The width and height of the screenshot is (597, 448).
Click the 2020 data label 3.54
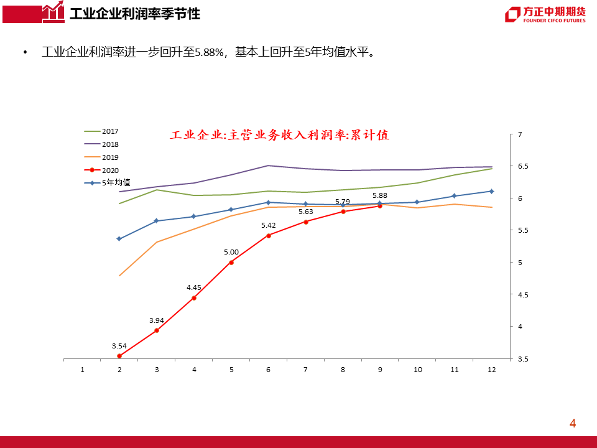[119, 346]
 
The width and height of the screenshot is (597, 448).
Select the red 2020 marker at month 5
[231, 263]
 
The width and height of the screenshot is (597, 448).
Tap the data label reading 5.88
[379, 195]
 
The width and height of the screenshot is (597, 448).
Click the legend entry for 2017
[101, 131]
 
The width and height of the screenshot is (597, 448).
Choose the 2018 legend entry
[101, 144]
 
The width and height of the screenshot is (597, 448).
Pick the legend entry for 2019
[101, 157]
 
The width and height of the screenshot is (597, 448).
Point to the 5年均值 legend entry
[107, 183]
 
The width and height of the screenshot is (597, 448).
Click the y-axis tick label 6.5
[523, 166]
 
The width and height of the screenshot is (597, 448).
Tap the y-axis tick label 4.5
[523, 294]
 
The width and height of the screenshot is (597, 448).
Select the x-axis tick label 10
[418, 370]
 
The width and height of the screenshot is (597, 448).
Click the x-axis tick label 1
[82, 370]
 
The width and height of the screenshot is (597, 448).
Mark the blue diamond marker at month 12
[491, 191]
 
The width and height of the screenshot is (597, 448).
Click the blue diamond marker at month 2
[119, 239]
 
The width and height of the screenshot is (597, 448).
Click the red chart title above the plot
[279, 135]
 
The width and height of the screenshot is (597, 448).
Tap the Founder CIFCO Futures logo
[545, 15]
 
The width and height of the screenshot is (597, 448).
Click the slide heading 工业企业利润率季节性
[135, 14]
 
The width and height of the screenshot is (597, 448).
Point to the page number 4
[573, 423]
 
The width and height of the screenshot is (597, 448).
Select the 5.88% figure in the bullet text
[209, 52]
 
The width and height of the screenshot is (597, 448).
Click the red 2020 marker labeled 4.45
[194, 298]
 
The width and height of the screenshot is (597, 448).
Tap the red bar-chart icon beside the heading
[53, 12]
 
